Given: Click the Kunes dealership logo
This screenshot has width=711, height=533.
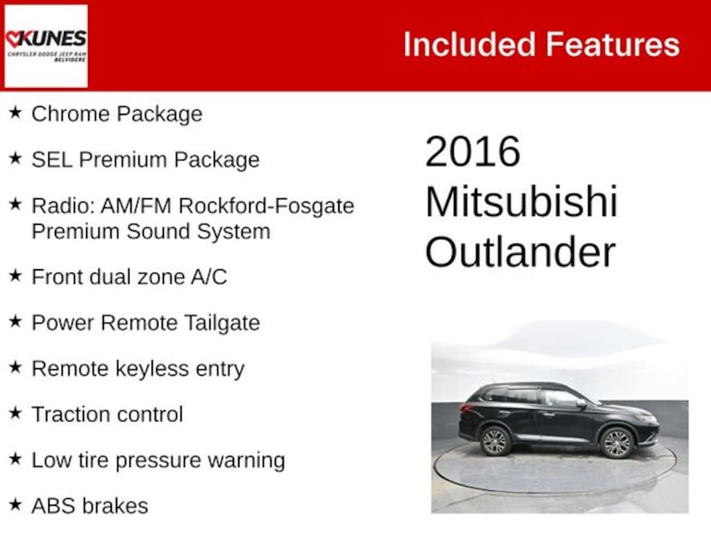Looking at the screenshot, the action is pos(46,46).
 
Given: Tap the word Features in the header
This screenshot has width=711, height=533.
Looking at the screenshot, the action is pos(612,44).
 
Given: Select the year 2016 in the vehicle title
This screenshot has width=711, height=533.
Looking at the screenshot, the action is pos(472,151).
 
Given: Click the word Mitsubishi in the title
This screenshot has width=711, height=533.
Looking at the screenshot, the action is pos(521,202).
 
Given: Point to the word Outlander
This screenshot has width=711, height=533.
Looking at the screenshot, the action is pos(520,252).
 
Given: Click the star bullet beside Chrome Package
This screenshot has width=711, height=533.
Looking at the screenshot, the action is pos(15,112).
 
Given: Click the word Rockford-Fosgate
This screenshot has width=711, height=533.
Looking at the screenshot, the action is pos(266,205).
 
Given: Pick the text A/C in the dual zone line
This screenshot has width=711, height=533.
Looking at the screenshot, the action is pos(209,277).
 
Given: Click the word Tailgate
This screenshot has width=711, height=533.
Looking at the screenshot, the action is pos(222,323).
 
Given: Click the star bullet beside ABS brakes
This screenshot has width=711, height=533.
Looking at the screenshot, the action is pos(15,504).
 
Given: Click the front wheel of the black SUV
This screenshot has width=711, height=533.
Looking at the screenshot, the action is pos(617,442).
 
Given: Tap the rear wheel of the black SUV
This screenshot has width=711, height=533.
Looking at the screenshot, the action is pos(494,441).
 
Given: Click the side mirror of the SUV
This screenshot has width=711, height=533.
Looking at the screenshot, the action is pos(580,403).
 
